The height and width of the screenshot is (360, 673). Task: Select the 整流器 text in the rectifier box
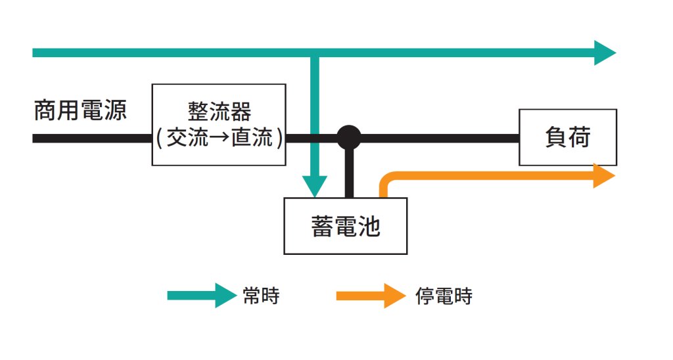tap(219, 111)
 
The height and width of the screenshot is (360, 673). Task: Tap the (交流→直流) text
tap(219, 139)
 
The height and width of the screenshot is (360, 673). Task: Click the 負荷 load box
tap(568, 137)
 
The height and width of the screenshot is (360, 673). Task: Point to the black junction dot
tap(349, 138)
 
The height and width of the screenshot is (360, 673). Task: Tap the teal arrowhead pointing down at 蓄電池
tap(315, 186)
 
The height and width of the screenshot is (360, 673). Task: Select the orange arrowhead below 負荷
tap(603, 176)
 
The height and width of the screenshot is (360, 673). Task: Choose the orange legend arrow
tap(371, 296)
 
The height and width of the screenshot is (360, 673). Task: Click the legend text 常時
tap(260, 296)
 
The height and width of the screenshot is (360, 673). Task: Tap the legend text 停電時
tap(444, 296)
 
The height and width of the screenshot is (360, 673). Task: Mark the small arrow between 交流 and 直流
tap(219, 139)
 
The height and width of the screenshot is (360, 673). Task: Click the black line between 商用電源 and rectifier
tap(92, 139)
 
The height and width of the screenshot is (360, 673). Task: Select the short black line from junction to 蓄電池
tap(349, 174)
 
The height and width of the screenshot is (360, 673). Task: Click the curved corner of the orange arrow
tap(386, 179)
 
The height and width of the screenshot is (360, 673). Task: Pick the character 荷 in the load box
tap(580, 137)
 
